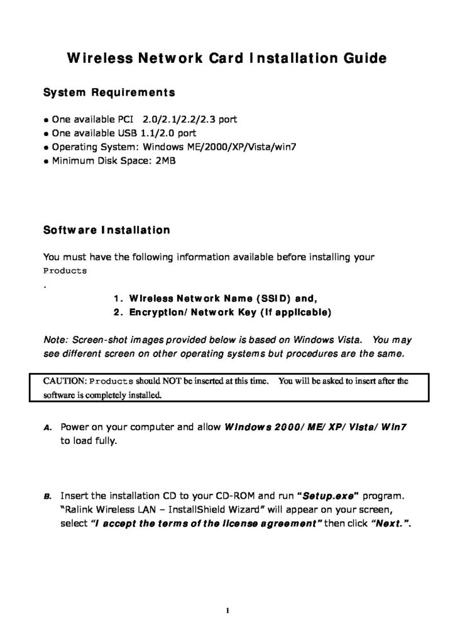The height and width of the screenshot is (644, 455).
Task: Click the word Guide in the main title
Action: click(360, 59)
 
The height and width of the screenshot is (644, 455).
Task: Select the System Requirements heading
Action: click(109, 93)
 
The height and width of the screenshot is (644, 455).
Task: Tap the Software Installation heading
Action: click(106, 230)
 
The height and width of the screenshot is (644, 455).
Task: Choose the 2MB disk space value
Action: click(168, 160)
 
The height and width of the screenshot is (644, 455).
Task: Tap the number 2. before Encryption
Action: click(119, 312)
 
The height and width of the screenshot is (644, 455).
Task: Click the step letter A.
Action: click(47, 428)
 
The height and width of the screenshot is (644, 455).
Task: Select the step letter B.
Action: click(47, 496)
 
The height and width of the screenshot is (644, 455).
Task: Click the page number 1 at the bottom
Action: click(227, 610)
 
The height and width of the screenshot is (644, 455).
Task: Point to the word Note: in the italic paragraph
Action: click(56, 340)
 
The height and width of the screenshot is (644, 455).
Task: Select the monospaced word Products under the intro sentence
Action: click(65, 270)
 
